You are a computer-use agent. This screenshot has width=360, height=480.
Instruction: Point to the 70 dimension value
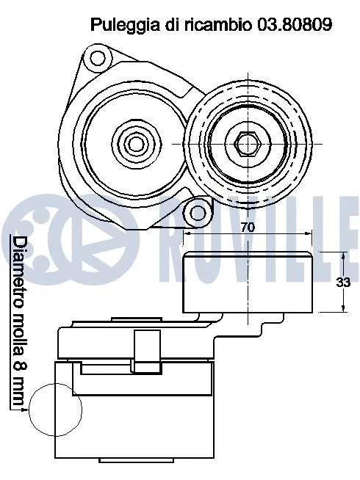click(248, 228)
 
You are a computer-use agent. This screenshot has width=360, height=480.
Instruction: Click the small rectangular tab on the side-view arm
click(147, 347)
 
